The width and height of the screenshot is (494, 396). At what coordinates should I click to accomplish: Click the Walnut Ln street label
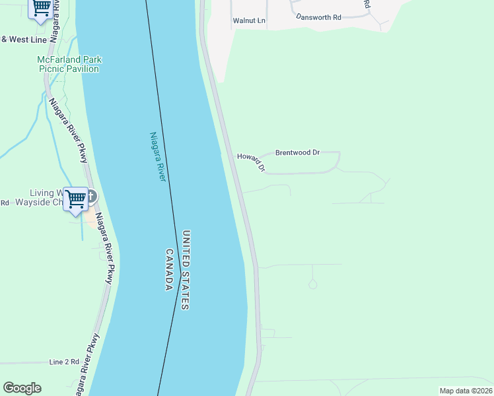click(248, 20)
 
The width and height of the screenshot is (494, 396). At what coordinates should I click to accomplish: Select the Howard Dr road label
click(251, 162)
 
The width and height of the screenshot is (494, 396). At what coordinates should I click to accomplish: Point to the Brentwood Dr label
click(297, 152)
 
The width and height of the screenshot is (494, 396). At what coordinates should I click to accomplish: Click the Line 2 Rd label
click(64, 362)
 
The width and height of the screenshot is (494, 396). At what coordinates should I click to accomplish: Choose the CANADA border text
click(169, 270)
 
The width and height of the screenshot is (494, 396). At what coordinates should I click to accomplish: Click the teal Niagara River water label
click(157, 157)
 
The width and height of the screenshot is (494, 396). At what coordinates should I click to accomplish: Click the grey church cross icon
click(91, 196)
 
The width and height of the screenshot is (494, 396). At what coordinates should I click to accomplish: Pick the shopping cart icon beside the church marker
click(76, 198)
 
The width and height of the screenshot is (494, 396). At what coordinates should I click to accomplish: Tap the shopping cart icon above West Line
click(42, 7)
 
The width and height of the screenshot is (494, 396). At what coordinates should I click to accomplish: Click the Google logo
click(22, 388)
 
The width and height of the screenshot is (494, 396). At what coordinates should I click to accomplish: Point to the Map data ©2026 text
click(465, 391)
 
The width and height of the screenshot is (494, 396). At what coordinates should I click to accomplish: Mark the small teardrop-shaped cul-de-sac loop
click(312, 284)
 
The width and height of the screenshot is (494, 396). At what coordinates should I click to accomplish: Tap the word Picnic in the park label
click(51, 69)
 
